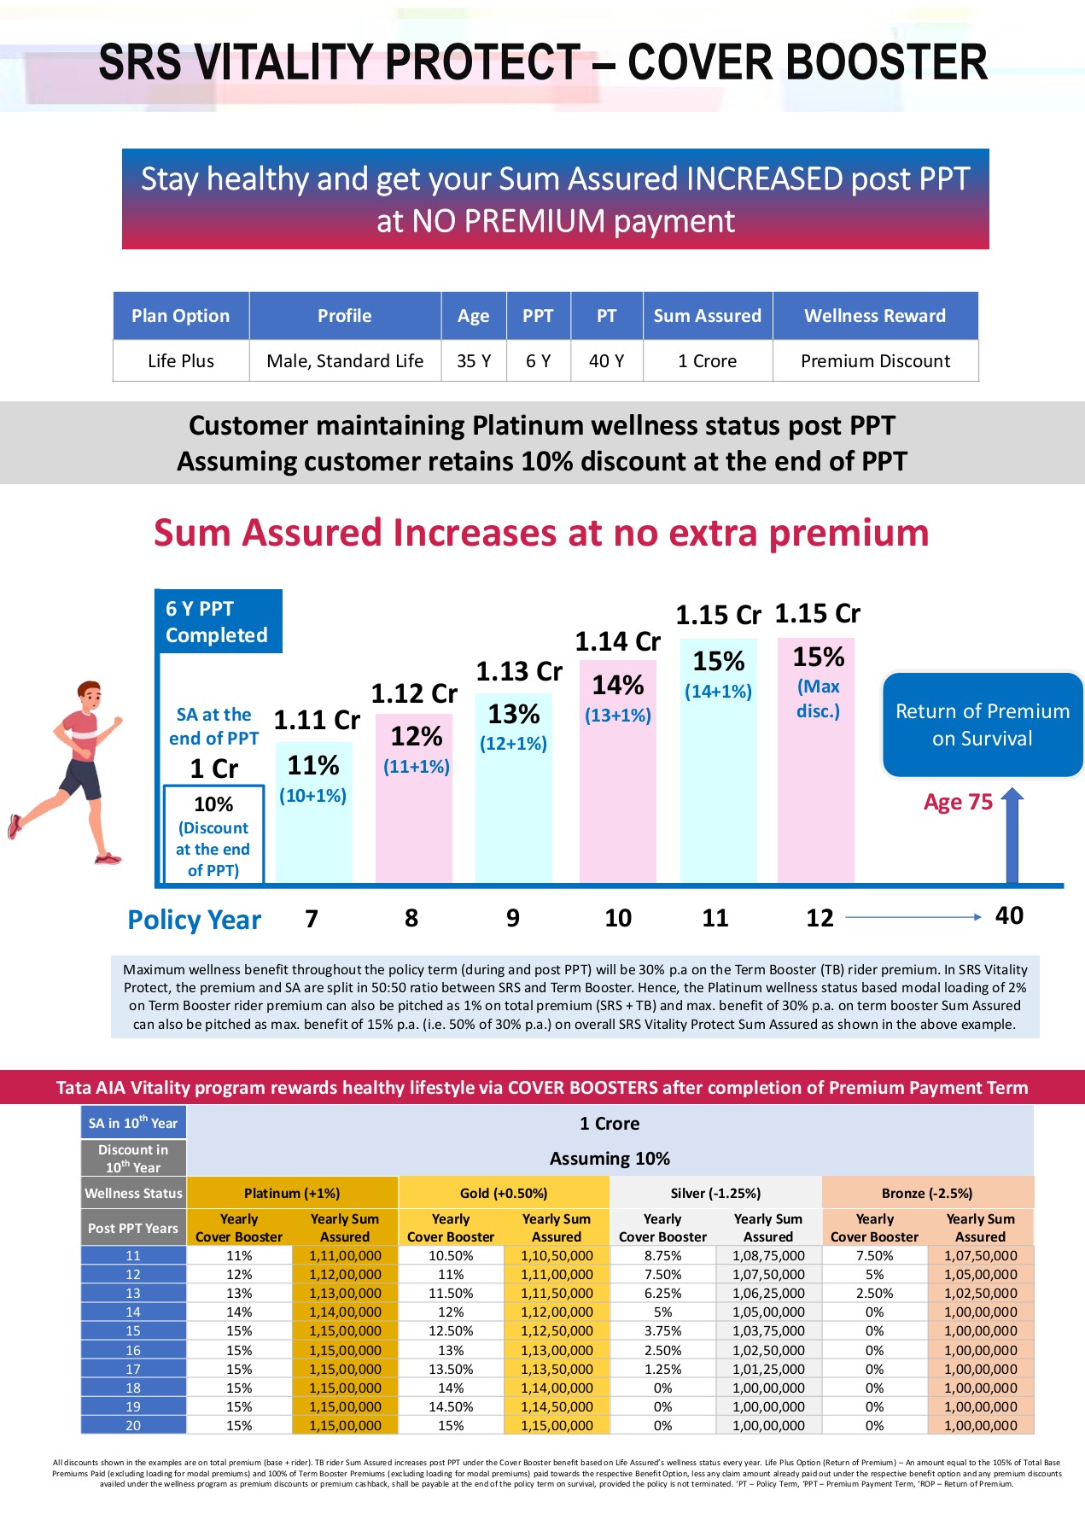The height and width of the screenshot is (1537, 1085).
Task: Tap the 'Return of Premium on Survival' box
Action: coord(982,725)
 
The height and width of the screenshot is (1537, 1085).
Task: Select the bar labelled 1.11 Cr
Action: coord(313,811)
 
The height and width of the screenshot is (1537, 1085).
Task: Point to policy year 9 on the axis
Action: coord(513,918)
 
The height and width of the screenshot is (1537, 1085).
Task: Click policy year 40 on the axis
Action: coord(1009,915)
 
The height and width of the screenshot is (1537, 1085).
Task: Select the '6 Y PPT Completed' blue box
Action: coord(218,622)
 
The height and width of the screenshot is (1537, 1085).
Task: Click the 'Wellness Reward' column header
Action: coord(875,316)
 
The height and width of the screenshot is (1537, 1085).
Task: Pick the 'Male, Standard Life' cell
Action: coord(345,361)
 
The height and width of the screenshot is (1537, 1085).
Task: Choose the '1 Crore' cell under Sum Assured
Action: coord(707,361)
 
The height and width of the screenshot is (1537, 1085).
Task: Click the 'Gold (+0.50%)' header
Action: coord(504,1193)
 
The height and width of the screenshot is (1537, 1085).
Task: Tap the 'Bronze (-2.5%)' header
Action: coord(927,1193)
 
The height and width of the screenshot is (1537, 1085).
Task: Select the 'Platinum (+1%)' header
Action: coord(292,1193)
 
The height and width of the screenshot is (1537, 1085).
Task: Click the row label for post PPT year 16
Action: coord(133,1350)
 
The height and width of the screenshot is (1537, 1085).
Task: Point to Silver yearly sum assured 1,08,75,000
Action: coord(768,1255)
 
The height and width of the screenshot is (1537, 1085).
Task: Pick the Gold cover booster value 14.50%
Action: coord(451,1406)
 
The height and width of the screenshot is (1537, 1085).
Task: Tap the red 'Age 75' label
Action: coord(958,802)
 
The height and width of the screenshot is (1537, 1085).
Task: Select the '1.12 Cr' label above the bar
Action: coord(414,693)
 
